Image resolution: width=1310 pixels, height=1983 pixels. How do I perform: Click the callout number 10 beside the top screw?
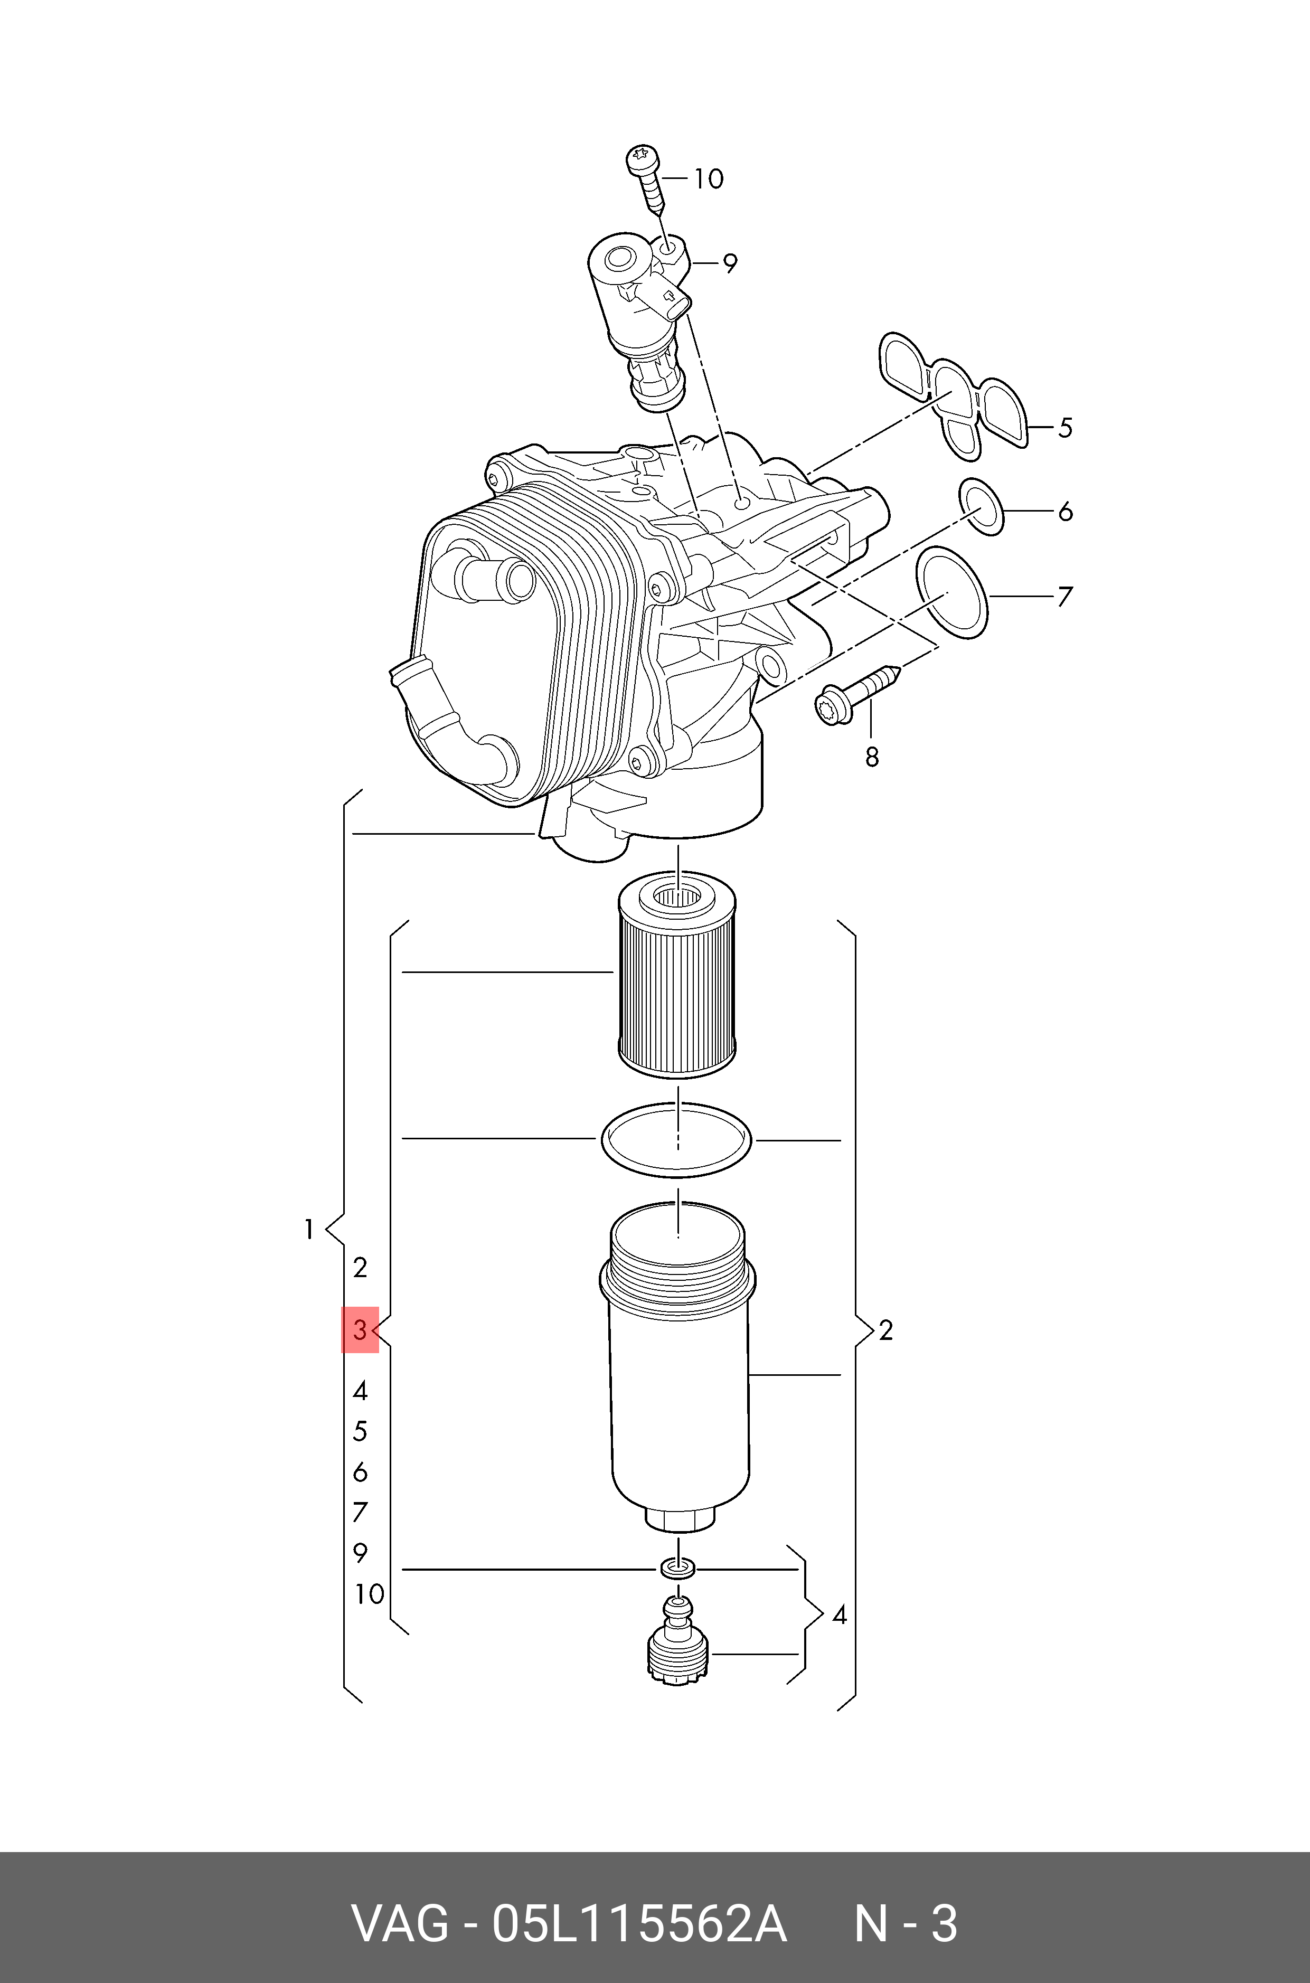tap(709, 179)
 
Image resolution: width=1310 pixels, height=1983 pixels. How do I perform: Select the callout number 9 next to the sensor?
tap(729, 264)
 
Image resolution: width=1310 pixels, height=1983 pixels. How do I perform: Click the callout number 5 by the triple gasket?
tap(1064, 428)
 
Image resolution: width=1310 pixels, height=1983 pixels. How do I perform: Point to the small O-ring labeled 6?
tap(981, 507)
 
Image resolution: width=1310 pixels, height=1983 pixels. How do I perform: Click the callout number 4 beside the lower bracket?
tap(839, 1616)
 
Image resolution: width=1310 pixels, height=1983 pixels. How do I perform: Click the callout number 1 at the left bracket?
tap(308, 1230)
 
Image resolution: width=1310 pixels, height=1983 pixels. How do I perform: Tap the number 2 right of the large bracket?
tap(885, 1330)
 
